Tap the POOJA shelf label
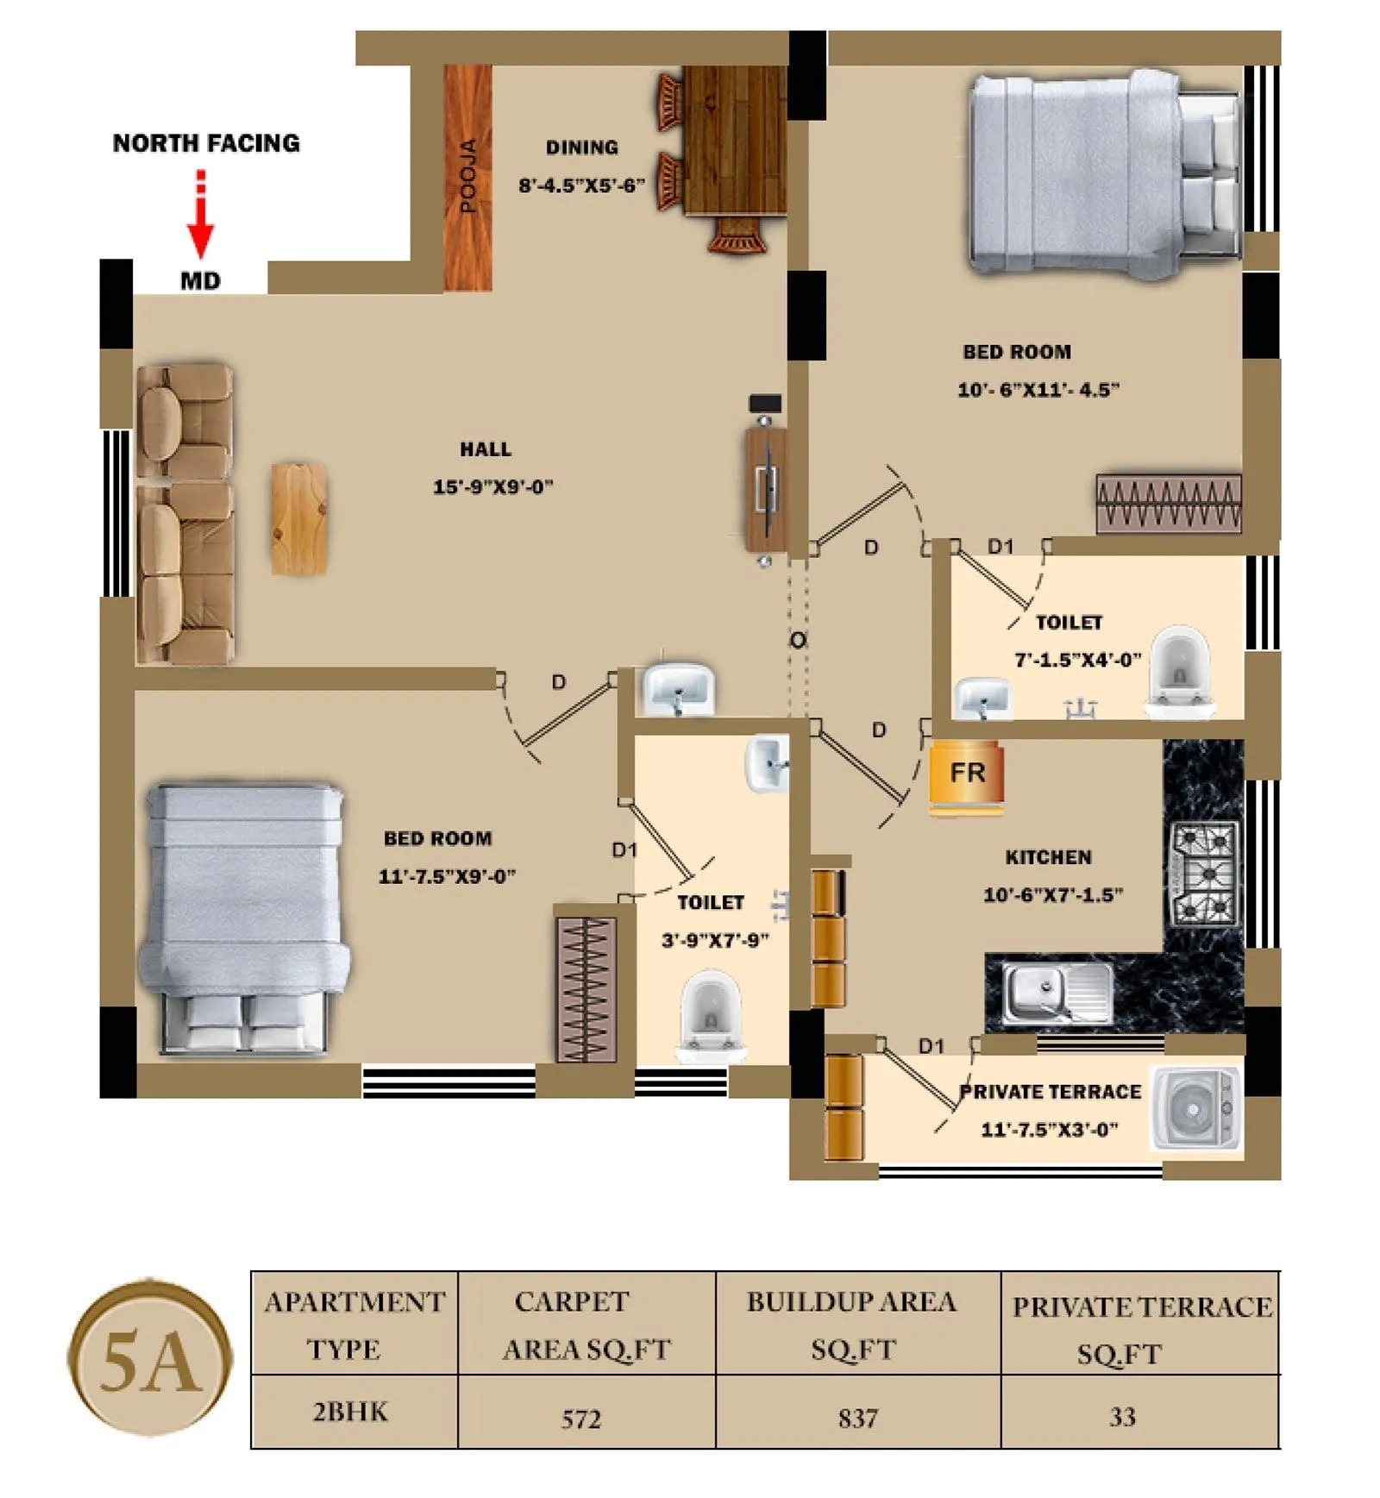(467, 176)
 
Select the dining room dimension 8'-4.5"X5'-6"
(581, 185)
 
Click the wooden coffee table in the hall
(298, 518)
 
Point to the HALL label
(485, 449)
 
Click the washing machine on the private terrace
(1195, 1109)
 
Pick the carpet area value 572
(580, 1419)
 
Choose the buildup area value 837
(857, 1418)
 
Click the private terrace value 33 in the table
(1121, 1416)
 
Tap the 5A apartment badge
(150, 1363)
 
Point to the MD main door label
(200, 281)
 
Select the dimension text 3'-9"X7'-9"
(714, 940)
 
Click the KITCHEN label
(1048, 857)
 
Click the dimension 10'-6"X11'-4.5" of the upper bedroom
(1038, 390)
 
